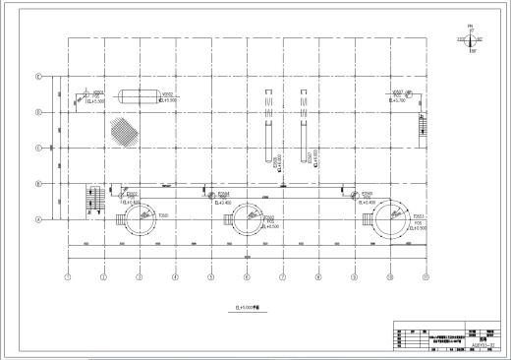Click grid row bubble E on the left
tap(38, 76)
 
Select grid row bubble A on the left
tap(38, 220)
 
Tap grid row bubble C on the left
tap(38, 149)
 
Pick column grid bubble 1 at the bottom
tap(68, 277)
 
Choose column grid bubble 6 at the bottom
tap(247, 277)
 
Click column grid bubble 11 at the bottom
tap(426, 277)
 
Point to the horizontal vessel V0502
tap(131, 95)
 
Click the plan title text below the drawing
tap(247, 306)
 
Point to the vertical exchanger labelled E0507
tap(302, 126)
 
